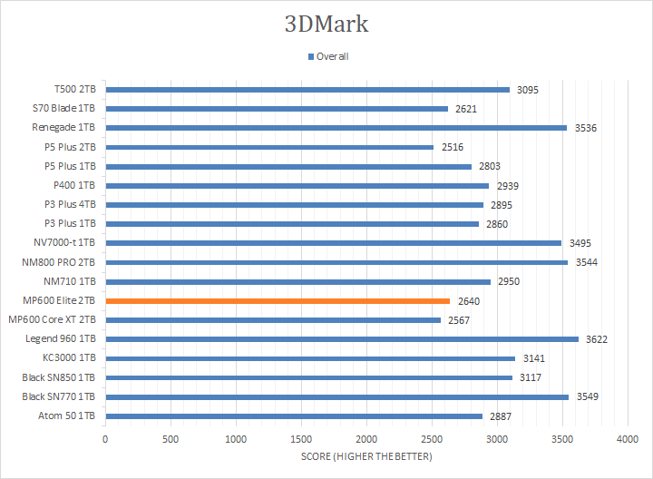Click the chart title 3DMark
326,24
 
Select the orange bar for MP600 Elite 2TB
278,300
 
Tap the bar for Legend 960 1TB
342,339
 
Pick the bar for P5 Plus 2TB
269,147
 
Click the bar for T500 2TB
307,90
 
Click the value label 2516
453,147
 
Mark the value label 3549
587,396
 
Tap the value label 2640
469,300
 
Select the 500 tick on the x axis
171,438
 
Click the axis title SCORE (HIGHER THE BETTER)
366,456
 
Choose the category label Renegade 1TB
63,128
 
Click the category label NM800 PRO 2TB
56,262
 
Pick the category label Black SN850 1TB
59,377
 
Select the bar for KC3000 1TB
310,358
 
